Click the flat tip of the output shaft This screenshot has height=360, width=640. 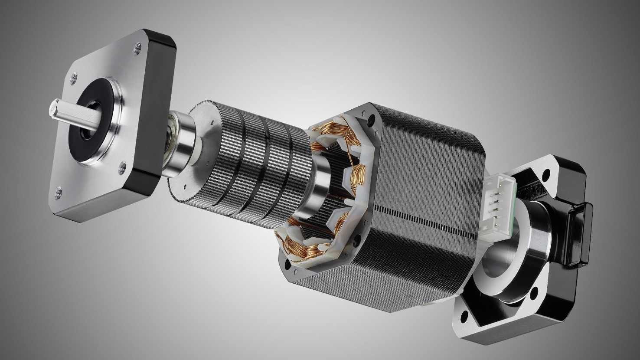pos(56,107)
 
